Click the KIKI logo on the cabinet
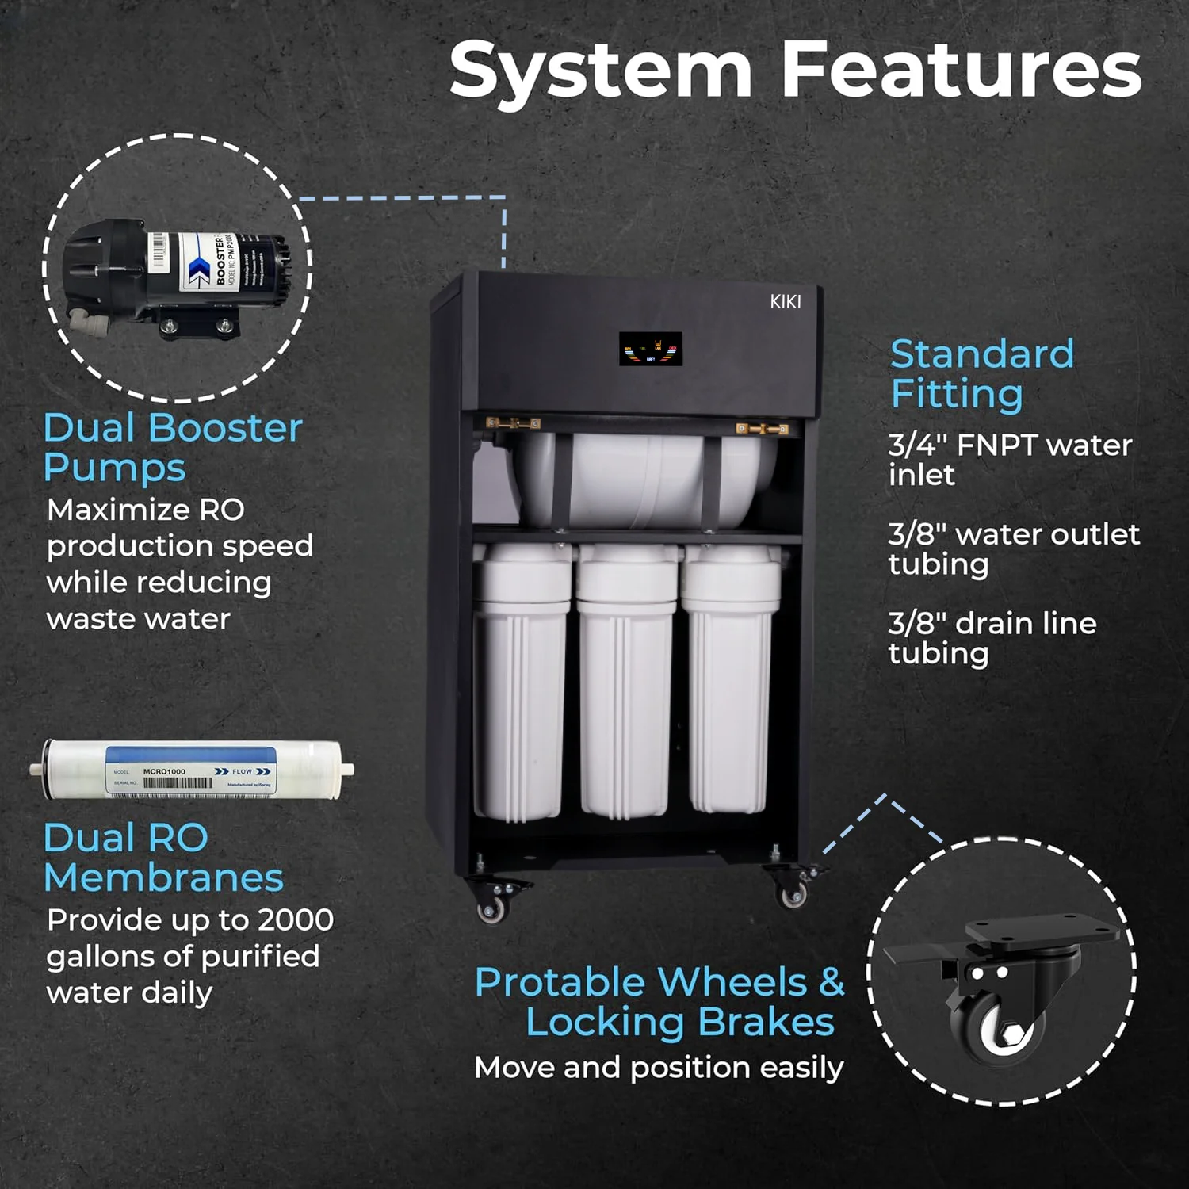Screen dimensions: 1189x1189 (786, 301)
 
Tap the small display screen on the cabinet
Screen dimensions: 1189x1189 (650, 349)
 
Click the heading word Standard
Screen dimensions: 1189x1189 (982, 354)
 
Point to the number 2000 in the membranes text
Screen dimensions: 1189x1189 (296, 919)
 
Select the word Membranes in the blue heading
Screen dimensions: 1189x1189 (163, 877)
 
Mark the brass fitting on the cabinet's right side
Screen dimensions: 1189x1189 (763, 429)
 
